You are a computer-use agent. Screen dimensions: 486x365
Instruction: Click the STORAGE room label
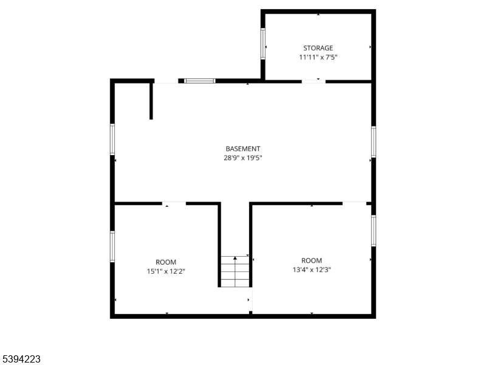(318, 48)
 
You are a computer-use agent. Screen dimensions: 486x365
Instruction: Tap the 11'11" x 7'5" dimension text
(318, 57)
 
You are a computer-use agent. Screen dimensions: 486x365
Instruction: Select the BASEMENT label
(243, 148)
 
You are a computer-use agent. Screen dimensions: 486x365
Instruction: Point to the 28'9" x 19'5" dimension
(243, 158)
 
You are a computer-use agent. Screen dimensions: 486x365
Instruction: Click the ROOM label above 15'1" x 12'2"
(166, 262)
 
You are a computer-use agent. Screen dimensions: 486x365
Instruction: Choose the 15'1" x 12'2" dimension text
(166, 271)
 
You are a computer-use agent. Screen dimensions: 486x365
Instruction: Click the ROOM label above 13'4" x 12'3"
(312, 260)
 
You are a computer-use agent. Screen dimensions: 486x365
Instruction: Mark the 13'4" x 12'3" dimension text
(312, 269)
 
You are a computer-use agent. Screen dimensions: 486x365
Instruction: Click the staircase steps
(235, 271)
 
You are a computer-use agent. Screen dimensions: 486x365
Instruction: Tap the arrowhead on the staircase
(235, 258)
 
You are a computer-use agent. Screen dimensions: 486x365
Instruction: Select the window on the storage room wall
(263, 44)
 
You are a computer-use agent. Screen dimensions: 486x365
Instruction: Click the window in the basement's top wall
(200, 81)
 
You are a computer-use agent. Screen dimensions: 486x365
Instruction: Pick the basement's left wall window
(112, 139)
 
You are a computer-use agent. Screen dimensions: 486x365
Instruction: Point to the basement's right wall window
(374, 142)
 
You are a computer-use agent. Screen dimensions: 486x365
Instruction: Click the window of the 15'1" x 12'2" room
(112, 246)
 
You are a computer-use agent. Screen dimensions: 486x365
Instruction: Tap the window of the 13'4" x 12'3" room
(374, 231)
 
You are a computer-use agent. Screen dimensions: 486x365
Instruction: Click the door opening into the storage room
(313, 82)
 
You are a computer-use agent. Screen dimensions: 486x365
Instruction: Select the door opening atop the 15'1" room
(174, 204)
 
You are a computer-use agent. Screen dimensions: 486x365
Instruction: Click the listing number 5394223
(21, 359)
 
